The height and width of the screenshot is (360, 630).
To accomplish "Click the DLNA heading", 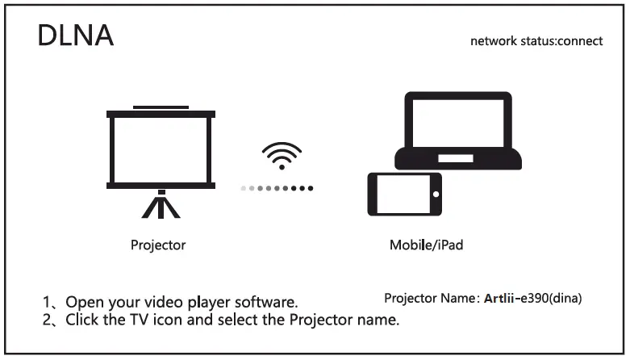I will (x=76, y=36).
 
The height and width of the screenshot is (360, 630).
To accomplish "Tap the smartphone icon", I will (x=404, y=195).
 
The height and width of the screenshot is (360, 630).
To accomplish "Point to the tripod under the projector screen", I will (x=161, y=205).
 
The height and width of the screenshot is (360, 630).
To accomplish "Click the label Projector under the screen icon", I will (x=158, y=245).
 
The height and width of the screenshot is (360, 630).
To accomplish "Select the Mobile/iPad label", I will (x=427, y=245).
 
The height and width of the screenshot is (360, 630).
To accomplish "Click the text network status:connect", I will (x=536, y=40).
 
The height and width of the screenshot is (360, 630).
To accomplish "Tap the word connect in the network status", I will (x=578, y=40).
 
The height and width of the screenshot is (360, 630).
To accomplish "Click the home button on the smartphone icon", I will (x=435, y=195).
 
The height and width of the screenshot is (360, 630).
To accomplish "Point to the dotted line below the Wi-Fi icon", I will (x=277, y=188).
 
